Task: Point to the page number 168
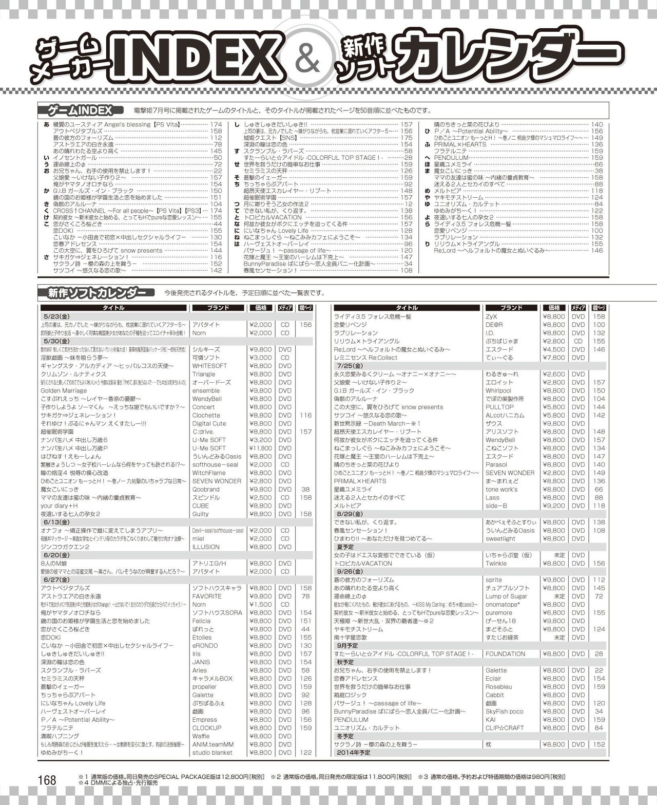point(47,780)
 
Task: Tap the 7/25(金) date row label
point(350,366)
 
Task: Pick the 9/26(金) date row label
point(350,571)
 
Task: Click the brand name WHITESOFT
point(209,366)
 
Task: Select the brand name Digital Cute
point(209,423)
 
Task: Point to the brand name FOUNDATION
point(505,653)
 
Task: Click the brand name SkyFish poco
point(504,711)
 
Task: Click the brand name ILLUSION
point(206,547)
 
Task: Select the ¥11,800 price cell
point(260,448)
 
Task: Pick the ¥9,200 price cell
point(554,506)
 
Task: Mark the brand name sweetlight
point(500,538)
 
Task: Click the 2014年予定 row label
point(355,752)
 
